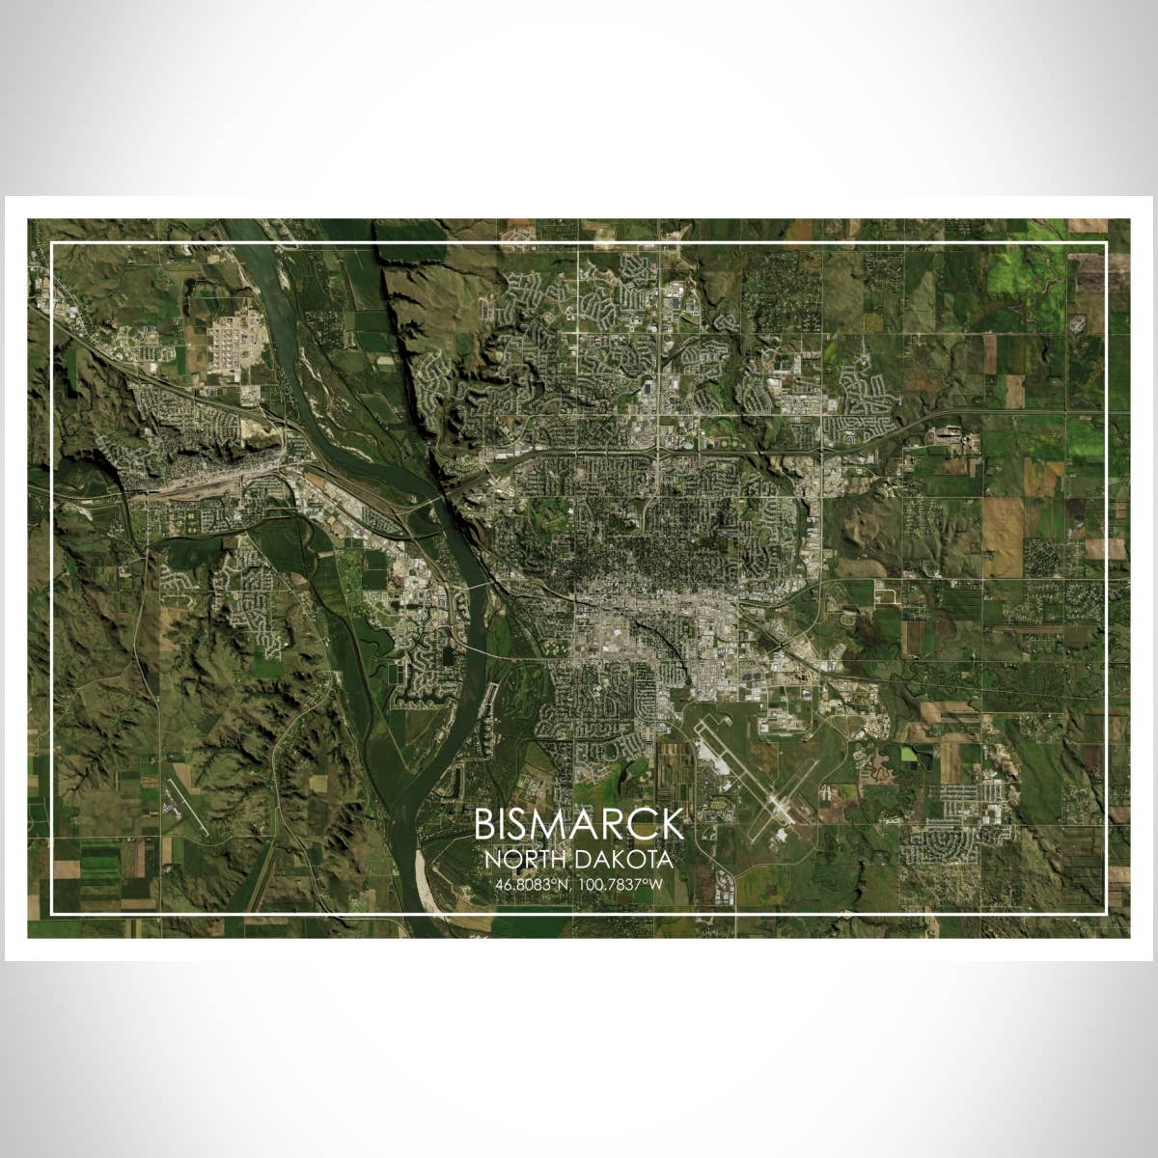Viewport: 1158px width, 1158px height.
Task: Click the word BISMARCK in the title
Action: [579, 825]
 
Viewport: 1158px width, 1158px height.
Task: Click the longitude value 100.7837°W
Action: [622, 884]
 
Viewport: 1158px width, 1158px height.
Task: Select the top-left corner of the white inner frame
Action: [52, 243]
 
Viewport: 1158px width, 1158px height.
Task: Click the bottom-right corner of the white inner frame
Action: [1105, 912]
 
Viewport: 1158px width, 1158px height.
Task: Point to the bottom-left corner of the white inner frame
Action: [52, 912]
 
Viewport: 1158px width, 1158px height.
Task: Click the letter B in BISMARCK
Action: [485, 825]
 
